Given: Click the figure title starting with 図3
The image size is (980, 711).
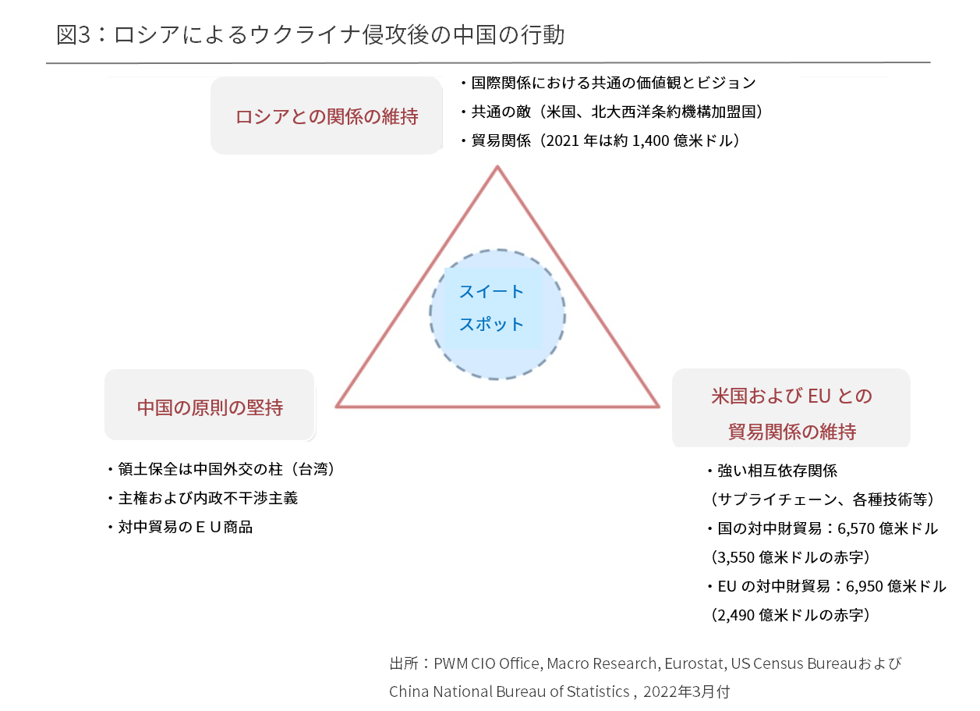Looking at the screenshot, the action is (x=310, y=34).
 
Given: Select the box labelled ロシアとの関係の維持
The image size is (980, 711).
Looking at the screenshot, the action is (x=327, y=116).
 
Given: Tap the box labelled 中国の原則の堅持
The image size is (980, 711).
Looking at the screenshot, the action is (x=210, y=405).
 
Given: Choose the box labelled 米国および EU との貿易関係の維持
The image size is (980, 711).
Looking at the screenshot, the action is (x=791, y=409).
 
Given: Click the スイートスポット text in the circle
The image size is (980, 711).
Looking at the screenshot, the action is (x=491, y=308).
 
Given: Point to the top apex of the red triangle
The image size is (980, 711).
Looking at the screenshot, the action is (x=497, y=166).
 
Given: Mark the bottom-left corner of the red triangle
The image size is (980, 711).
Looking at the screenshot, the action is (x=337, y=407).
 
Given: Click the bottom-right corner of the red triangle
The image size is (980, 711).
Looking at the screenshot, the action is (x=659, y=407).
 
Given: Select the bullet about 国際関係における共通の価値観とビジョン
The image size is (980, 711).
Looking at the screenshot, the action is (x=609, y=83).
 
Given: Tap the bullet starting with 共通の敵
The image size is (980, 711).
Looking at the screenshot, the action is (x=612, y=112).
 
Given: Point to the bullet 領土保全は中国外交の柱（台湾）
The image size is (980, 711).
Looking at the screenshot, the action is (x=222, y=469).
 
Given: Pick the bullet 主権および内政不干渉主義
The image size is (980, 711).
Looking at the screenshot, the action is (x=203, y=498).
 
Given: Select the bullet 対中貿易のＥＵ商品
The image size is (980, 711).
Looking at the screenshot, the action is (x=180, y=527).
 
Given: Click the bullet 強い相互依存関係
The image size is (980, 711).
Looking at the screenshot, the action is (x=773, y=471).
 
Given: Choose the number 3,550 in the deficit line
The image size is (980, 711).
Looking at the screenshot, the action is (x=736, y=558).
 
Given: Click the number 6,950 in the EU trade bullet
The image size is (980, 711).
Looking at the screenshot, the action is (x=864, y=587).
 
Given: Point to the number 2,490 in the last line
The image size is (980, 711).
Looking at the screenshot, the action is (x=736, y=616).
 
